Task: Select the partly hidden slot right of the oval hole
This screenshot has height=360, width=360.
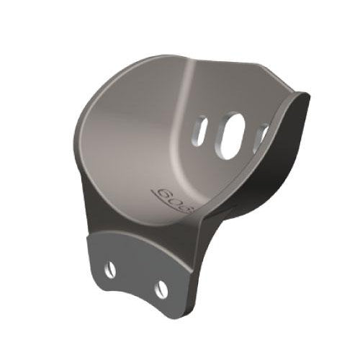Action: pyautogui.click(x=263, y=137)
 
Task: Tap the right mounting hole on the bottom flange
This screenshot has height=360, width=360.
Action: pyautogui.click(x=161, y=289)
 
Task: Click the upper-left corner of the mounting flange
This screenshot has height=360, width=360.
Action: pyautogui.click(x=89, y=232)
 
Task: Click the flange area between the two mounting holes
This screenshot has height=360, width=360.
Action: pyautogui.click(x=137, y=277)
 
